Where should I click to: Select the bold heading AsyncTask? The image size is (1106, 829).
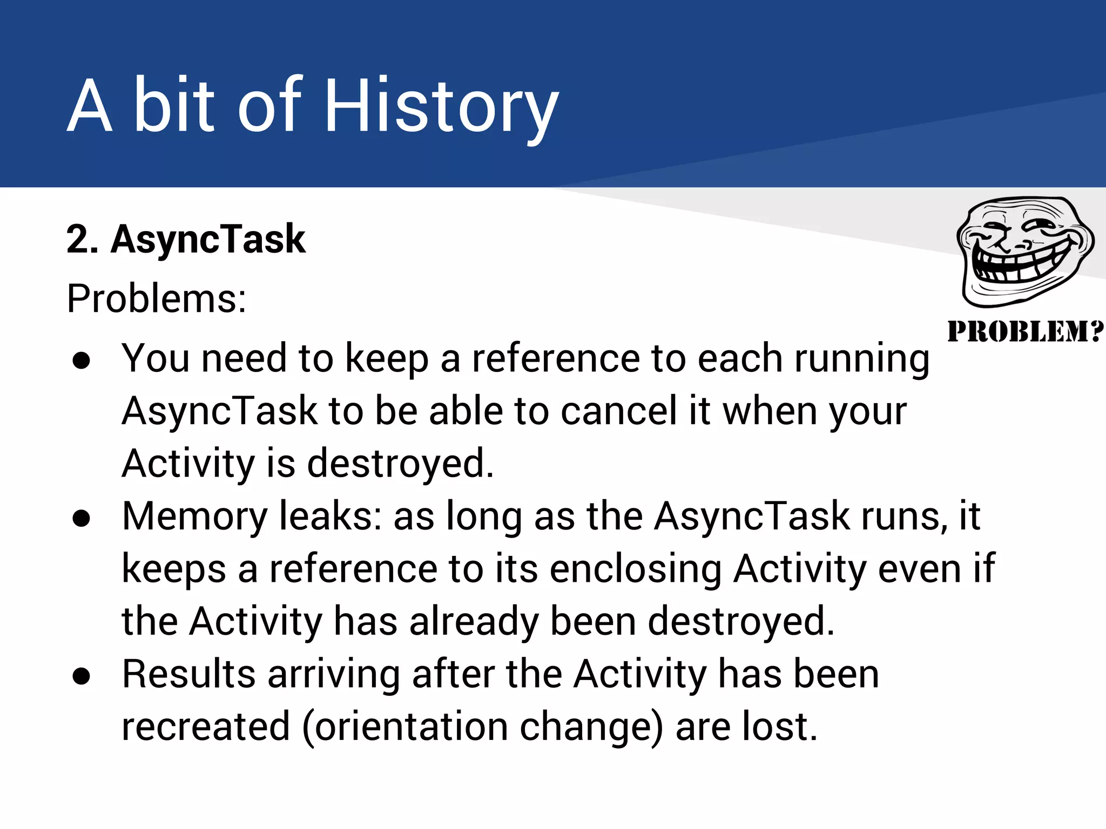pyautogui.click(x=208, y=239)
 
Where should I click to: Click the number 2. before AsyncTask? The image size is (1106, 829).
pyautogui.click(x=83, y=239)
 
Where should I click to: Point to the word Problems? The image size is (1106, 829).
pyautogui.click(x=157, y=298)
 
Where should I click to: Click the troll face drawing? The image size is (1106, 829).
pyautogui.click(x=1024, y=251)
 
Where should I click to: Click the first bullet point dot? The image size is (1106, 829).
pyautogui.click(x=82, y=361)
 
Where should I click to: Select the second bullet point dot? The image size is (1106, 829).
pyautogui.click(x=82, y=518)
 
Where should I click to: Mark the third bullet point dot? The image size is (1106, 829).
pyautogui.click(x=82, y=676)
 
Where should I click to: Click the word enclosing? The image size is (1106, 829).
pyautogui.click(x=636, y=569)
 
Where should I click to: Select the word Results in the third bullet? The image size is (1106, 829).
pyautogui.click(x=188, y=674)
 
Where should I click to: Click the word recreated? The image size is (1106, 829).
pyautogui.click(x=206, y=727)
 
